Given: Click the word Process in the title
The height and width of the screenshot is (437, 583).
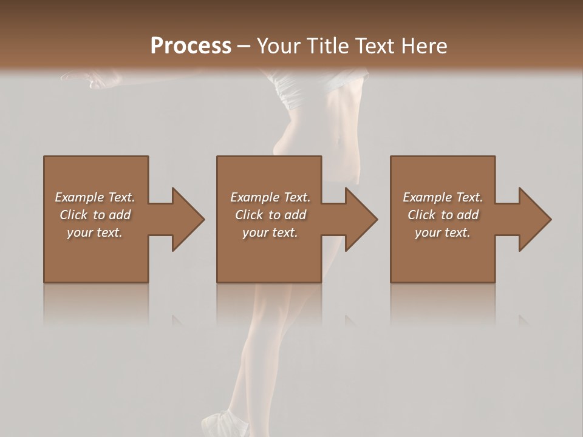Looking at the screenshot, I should click(191, 46).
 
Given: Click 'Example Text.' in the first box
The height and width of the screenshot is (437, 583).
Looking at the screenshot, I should click(95, 197).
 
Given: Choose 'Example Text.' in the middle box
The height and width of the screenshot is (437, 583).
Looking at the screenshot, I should click(270, 197).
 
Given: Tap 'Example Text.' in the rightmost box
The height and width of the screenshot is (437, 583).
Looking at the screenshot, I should click(443, 197).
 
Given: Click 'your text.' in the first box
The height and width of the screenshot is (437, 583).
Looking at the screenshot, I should click(95, 232).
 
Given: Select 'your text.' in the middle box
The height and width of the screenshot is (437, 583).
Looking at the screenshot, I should click(270, 232).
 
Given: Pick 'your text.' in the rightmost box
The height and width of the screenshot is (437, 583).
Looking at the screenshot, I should click(443, 232).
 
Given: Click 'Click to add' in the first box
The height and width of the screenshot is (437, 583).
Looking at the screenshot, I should click(95, 215).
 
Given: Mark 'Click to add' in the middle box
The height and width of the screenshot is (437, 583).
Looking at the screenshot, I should click(270, 215).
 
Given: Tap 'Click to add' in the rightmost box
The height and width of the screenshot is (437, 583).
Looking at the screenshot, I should click(443, 215).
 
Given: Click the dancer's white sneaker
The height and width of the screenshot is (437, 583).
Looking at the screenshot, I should click(222, 424).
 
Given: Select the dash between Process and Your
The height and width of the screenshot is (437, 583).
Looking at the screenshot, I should click(244, 47).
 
